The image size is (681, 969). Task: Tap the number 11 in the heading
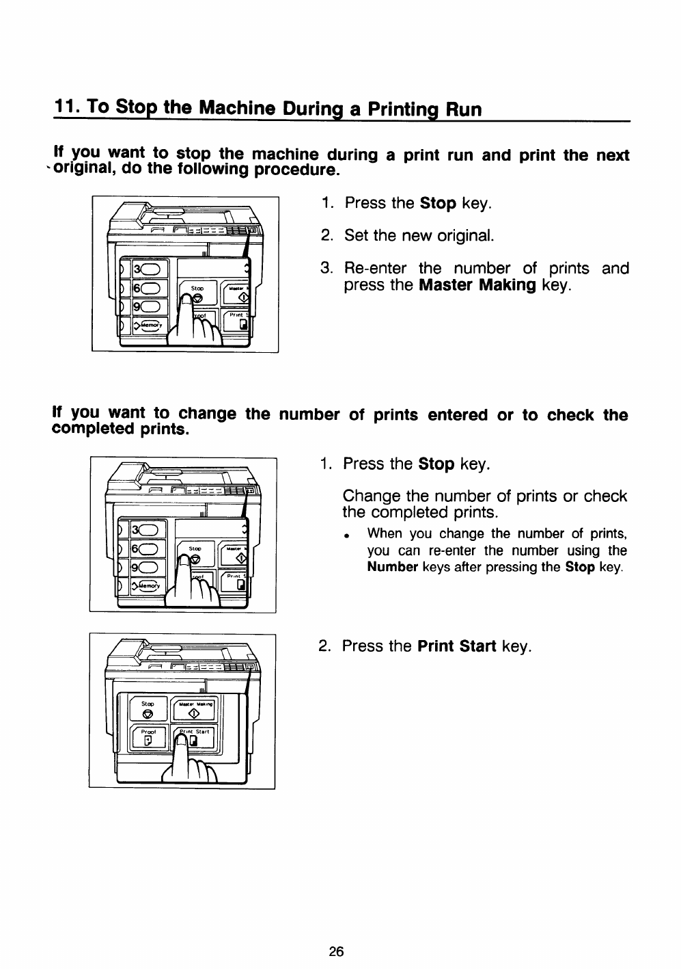tap(66, 108)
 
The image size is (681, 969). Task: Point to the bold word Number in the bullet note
tap(392, 568)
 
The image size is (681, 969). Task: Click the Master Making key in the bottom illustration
tap(195, 709)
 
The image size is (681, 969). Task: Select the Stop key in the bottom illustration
tap(148, 709)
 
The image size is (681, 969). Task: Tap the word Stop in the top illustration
tap(197, 289)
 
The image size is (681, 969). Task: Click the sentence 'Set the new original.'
tap(419, 236)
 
